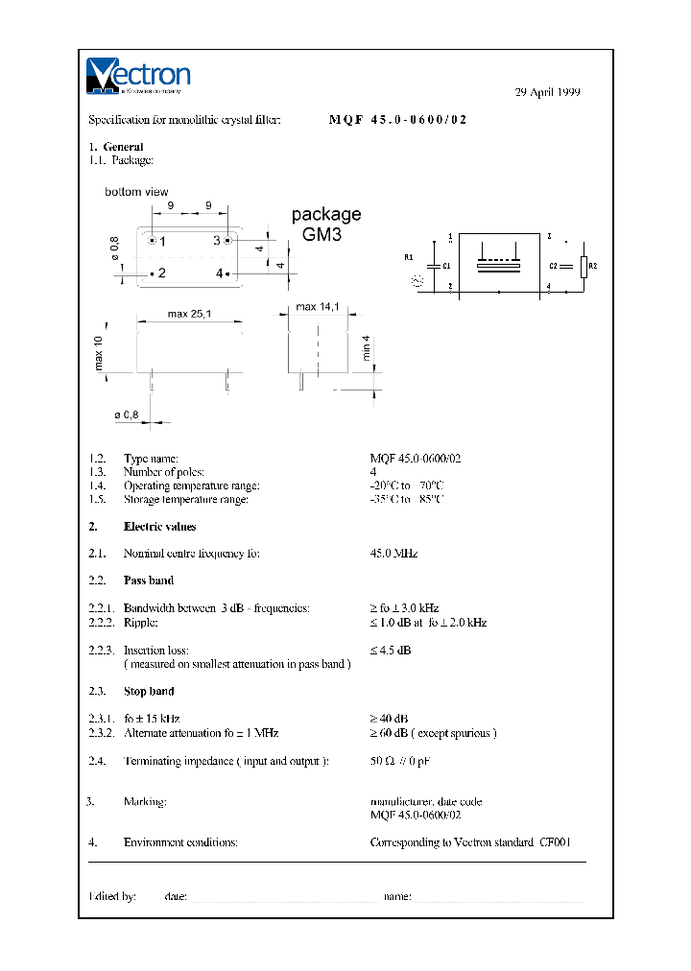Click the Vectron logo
coord(138,76)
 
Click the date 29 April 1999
coord(548,93)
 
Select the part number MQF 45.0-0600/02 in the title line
coord(398,120)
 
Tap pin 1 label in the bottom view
coord(162,241)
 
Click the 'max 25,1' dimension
coord(189,314)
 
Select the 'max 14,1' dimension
coord(318,307)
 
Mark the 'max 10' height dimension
coord(98,354)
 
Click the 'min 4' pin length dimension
coord(366,348)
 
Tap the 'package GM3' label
coord(326,224)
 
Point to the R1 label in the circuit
coord(408,258)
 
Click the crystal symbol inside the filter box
coord(499,263)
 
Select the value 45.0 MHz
coord(393,554)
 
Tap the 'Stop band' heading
coord(149,691)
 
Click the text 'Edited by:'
coord(112,896)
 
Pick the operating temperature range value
coord(407,485)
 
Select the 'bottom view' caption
coord(136,192)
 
